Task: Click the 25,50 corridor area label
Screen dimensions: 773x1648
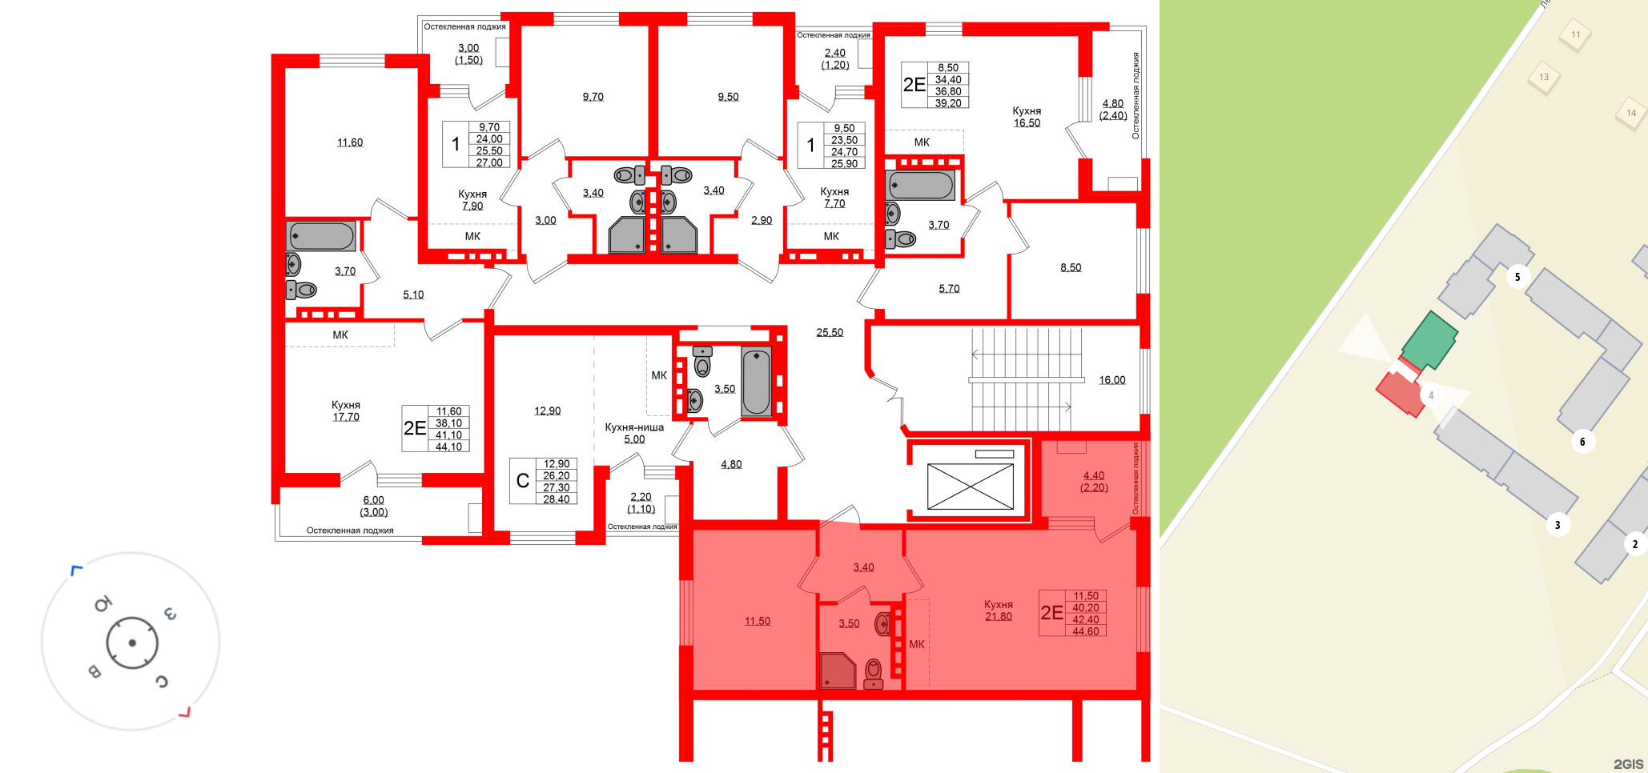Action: [830, 333]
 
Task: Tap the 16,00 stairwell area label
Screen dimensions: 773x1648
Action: [1111, 380]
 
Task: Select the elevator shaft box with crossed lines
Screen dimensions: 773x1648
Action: [970, 486]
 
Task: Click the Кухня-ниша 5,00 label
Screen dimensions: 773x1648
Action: [634, 433]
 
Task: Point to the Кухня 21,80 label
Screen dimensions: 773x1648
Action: [999, 611]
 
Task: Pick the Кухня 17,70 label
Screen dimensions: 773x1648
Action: [346, 411]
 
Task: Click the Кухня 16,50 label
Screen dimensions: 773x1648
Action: [1027, 117]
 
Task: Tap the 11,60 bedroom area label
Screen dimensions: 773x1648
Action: [350, 142]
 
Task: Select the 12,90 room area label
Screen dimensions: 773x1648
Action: [548, 411]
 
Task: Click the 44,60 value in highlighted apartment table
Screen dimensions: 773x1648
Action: [1086, 631]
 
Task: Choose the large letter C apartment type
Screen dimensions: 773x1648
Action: [523, 480]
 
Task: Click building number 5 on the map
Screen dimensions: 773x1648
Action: [1517, 278]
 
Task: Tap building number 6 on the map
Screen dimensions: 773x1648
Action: [1582, 442]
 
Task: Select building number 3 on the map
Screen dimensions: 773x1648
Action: [1557, 526]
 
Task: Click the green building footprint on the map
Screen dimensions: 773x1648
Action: [1429, 341]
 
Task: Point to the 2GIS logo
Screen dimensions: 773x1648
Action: [1628, 764]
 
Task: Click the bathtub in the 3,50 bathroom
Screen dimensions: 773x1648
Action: [756, 382]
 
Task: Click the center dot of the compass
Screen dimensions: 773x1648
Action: [132, 643]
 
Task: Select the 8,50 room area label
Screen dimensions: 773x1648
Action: [1071, 268]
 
